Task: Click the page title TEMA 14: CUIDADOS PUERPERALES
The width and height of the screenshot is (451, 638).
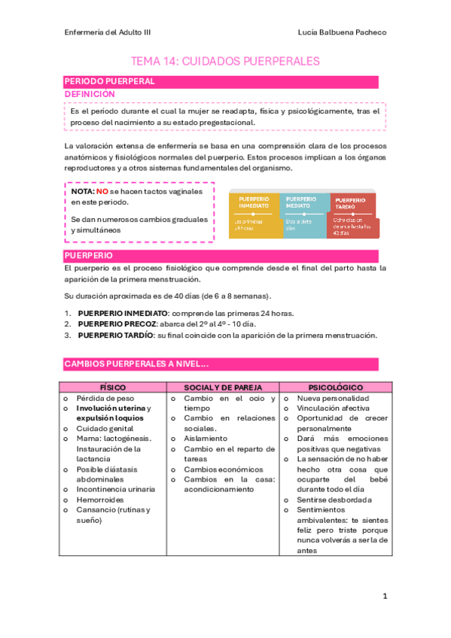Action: pyautogui.click(x=226, y=61)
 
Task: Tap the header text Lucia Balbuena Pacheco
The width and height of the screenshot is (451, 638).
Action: pyautogui.click(x=342, y=33)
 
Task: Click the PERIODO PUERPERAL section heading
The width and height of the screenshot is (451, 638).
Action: pyautogui.click(x=110, y=81)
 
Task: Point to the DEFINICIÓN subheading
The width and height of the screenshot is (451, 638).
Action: pyautogui.click(x=90, y=94)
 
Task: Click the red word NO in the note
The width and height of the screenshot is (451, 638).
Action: pyautogui.click(x=102, y=193)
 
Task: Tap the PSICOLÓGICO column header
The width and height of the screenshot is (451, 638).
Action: pyautogui.click(x=335, y=387)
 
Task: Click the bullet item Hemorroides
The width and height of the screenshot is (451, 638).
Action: pyautogui.click(x=100, y=500)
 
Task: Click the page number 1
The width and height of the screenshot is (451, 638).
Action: pyautogui.click(x=385, y=596)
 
